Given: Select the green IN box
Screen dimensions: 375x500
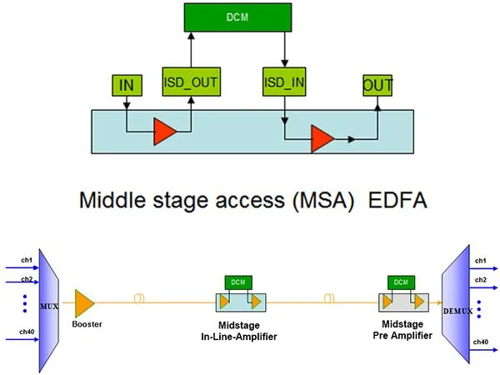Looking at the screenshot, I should point(127,84).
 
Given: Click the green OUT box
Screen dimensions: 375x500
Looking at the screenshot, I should point(377,85).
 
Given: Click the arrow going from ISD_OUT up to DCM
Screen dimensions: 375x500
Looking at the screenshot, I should point(191,50).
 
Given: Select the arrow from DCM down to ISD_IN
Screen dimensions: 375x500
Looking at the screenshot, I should point(284,50).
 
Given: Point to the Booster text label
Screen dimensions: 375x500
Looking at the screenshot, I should point(87,324).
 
